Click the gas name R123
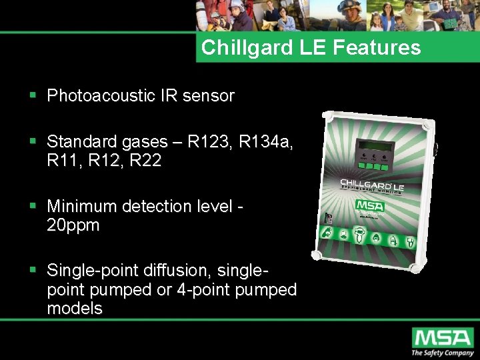[x=206, y=142]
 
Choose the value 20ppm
[x=73, y=225]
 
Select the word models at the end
[x=75, y=308]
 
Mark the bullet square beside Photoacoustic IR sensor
[x=33, y=96]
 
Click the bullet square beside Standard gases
[x=33, y=142]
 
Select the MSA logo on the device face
[x=369, y=205]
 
